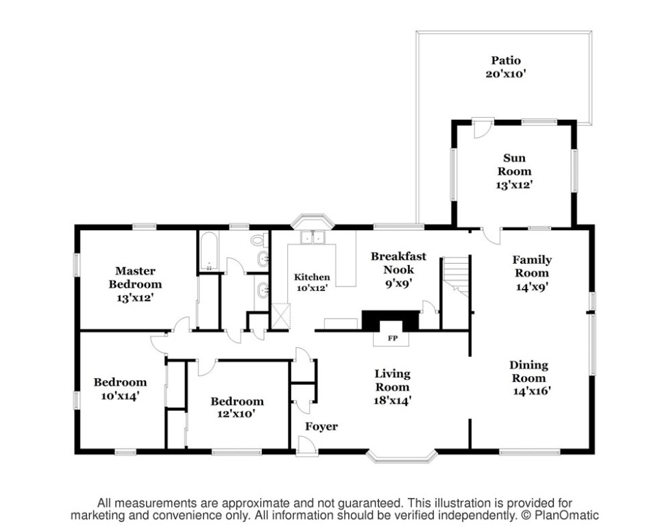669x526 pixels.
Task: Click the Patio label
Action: (x=506, y=60)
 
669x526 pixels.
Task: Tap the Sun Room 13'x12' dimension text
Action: (x=515, y=185)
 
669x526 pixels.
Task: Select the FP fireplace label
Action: (x=393, y=338)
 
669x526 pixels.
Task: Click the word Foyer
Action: (x=321, y=427)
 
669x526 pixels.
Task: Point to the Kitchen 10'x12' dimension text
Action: (x=312, y=288)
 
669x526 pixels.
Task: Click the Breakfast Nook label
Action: (x=398, y=263)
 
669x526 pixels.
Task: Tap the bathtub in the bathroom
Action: (x=209, y=251)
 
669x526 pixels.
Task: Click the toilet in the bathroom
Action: (x=258, y=240)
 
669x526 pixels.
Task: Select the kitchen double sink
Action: (x=313, y=238)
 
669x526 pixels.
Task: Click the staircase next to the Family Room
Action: (x=456, y=277)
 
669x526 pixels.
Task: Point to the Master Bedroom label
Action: (x=135, y=277)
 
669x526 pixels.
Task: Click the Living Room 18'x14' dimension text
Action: (x=393, y=401)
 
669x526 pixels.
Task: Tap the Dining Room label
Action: (x=528, y=371)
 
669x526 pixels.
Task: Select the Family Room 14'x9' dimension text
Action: (x=532, y=286)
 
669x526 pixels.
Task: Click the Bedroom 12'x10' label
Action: (x=236, y=408)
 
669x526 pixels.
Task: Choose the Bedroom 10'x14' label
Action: (x=121, y=389)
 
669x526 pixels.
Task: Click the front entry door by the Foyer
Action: (x=307, y=445)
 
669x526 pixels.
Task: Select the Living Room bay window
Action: (x=402, y=456)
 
